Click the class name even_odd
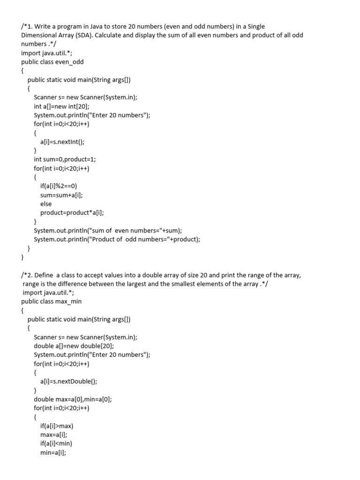pyautogui.click(x=69, y=61)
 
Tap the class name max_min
pyautogui.click(x=67, y=301)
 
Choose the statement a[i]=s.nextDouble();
pyautogui.click(x=68, y=381)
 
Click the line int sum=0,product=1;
pyautogui.click(x=65, y=159)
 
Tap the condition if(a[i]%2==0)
pyautogui.click(x=59, y=186)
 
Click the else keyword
pyautogui.click(x=46, y=204)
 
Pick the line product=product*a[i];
pyautogui.click(x=72, y=212)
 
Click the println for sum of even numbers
pyautogui.click(x=107, y=230)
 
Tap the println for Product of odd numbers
pyautogui.click(x=117, y=239)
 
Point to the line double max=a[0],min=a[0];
pyautogui.click(x=73, y=399)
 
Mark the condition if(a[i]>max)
pyautogui.click(x=57, y=426)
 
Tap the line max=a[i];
pyautogui.click(x=53, y=435)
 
